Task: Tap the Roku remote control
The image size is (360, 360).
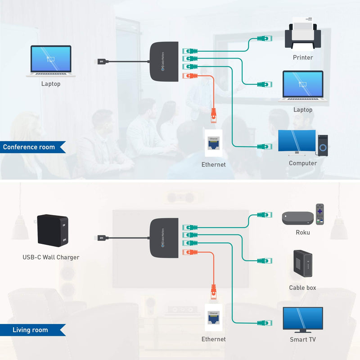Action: [x=320, y=214]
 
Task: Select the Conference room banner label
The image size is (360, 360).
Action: [x=29, y=147]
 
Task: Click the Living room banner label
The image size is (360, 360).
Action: [x=30, y=330]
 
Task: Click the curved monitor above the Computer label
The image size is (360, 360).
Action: [x=297, y=143]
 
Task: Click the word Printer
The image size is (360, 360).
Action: [x=302, y=58]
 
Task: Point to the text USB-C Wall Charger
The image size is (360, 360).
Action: [x=51, y=257]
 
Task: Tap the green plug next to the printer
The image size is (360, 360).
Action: [x=263, y=39]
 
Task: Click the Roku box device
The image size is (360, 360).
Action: [x=297, y=218]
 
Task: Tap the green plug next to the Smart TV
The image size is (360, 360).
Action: [x=263, y=323]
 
